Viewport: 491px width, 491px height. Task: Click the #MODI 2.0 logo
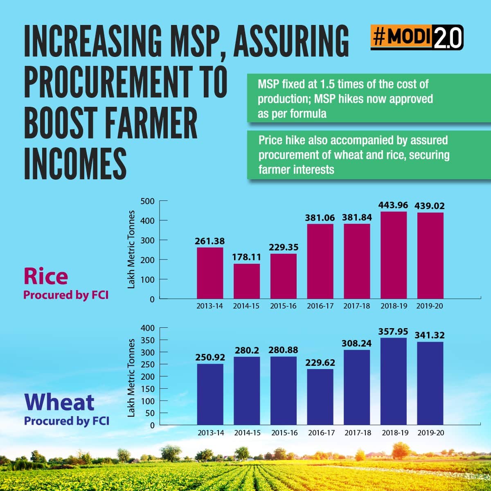pos(417,38)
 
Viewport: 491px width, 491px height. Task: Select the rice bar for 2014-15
pos(247,281)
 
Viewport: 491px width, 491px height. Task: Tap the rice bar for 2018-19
pos(394,255)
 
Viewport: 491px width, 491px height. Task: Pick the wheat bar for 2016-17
pos(320,397)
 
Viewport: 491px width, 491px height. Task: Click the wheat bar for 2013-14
pos(210,394)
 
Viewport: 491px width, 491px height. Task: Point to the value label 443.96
pos(394,205)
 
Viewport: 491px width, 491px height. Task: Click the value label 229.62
pos(320,363)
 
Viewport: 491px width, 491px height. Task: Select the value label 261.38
pos(210,241)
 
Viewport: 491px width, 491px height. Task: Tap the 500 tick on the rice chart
pos(147,201)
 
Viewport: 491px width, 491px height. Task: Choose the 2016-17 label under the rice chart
pos(320,306)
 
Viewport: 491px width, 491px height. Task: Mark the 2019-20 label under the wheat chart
pos(430,432)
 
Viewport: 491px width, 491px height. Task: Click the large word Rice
pos(45,276)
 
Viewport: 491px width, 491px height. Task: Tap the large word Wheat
pos(59,402)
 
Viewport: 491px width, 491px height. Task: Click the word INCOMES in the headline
pos(75,164)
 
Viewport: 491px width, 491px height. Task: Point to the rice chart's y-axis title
pos(131,250)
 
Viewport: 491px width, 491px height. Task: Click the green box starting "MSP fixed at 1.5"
pos(368,99)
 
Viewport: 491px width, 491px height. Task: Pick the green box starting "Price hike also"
pos(368,155)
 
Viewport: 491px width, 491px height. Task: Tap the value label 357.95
pos(394,331)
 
